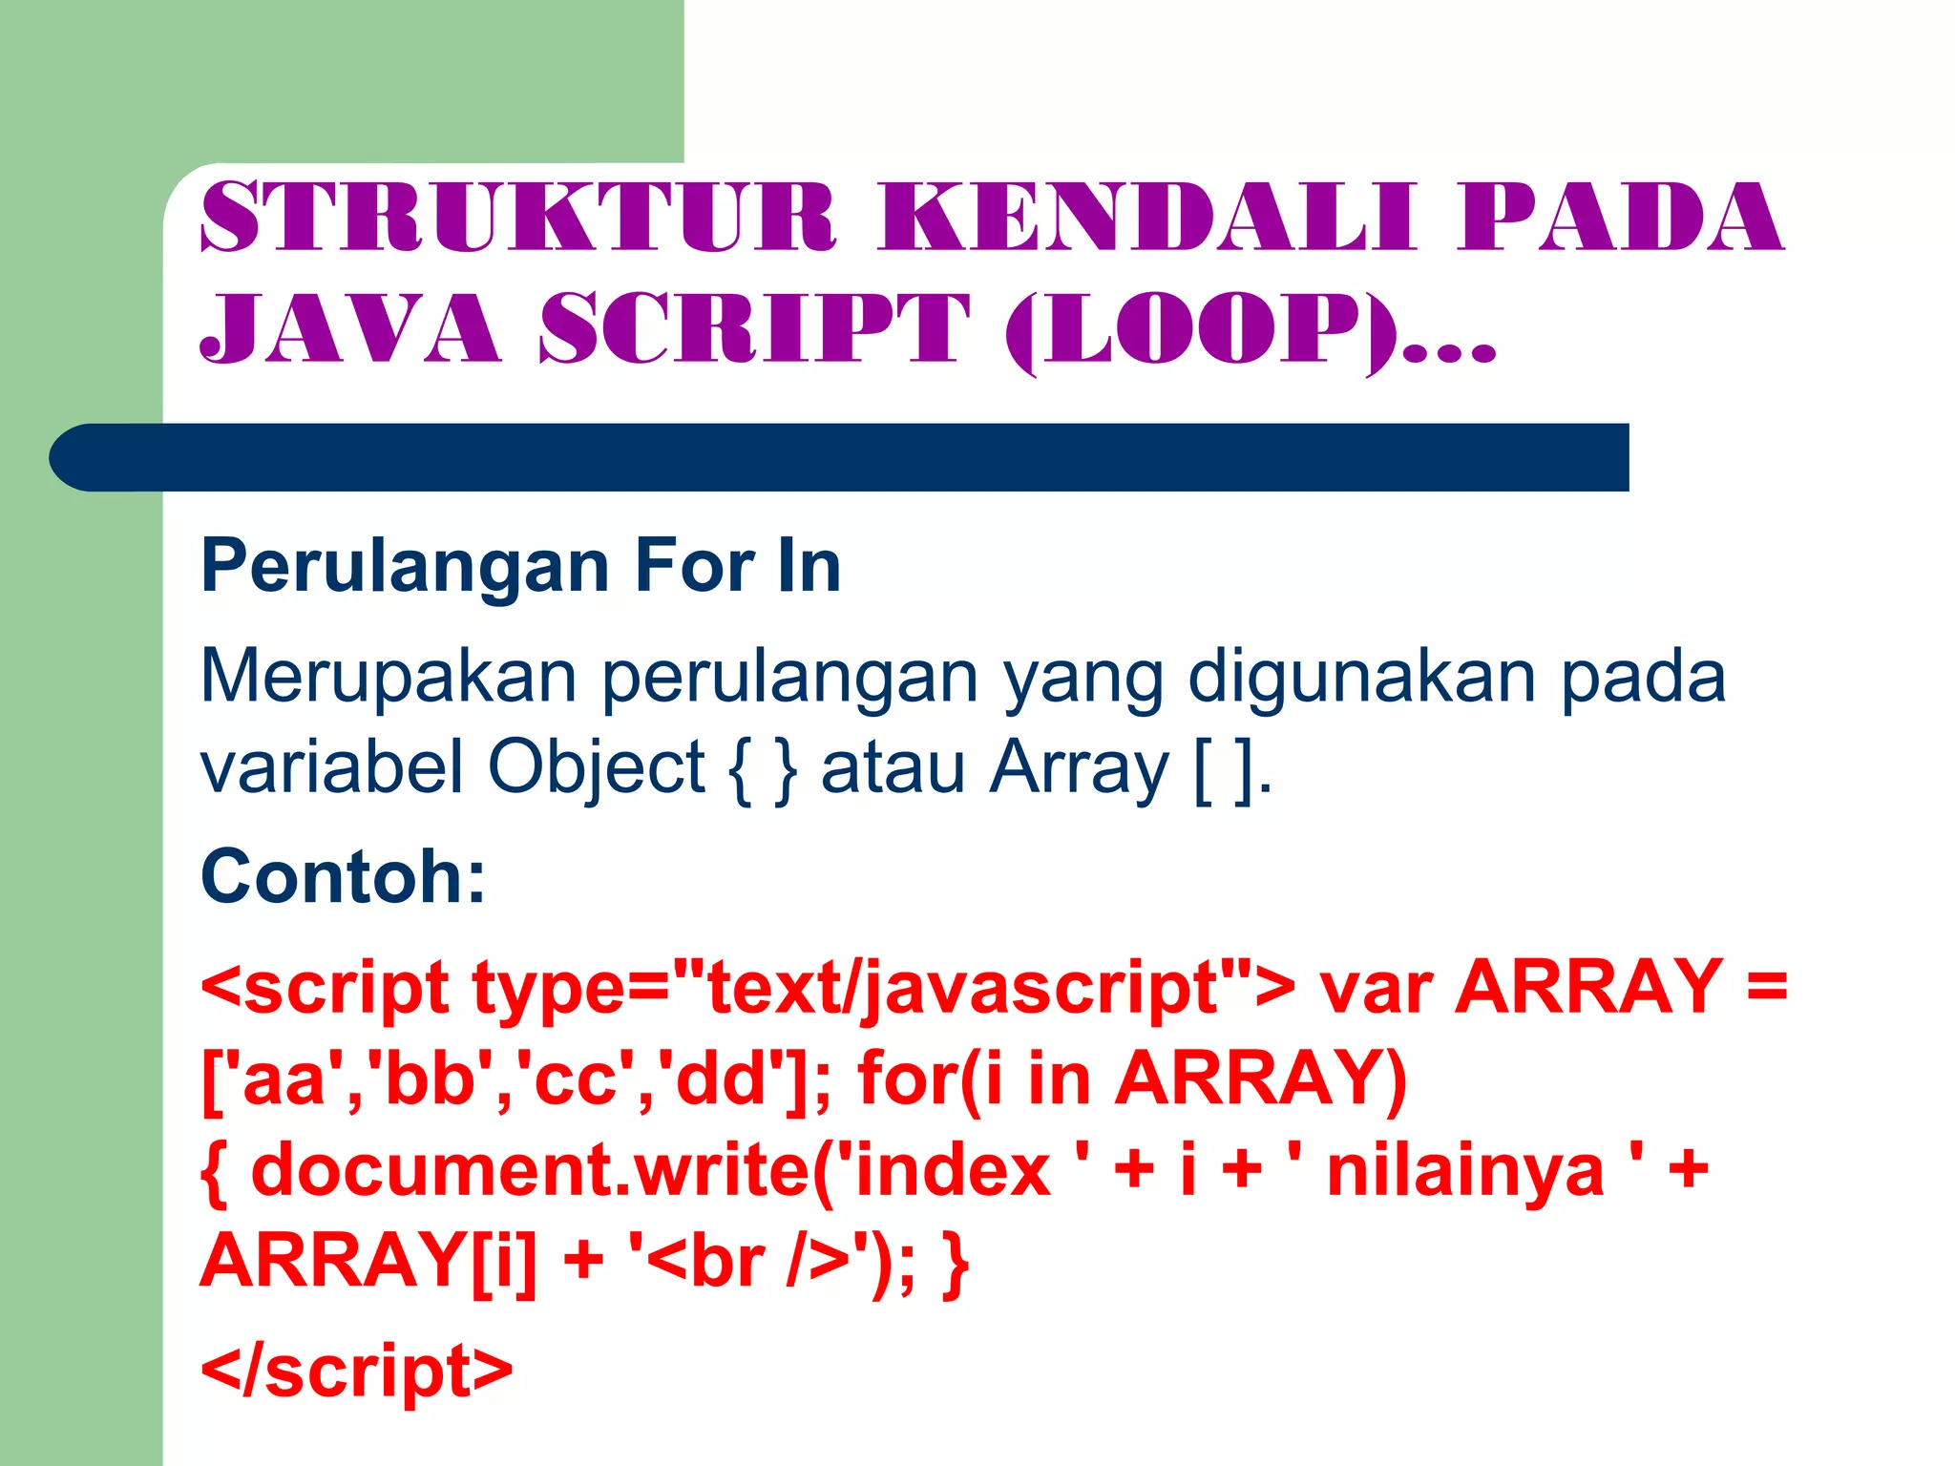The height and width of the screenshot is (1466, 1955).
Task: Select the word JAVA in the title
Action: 349,328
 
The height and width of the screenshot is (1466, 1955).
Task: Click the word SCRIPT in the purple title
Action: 754,328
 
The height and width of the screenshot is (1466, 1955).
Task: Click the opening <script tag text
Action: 325,989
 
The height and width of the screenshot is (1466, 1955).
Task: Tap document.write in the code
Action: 530,1171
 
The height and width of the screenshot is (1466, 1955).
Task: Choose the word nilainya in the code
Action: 1465,1171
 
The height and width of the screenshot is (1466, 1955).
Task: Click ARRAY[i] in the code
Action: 368,1262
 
